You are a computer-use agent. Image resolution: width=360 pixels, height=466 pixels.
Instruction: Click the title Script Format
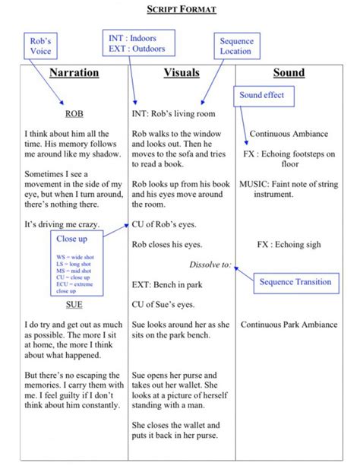(181, 9)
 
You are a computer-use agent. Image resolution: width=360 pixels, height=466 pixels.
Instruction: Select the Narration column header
(74, 73)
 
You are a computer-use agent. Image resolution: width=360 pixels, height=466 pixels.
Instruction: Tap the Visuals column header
(182, 73)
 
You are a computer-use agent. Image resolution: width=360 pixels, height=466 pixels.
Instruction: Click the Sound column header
(289, 73)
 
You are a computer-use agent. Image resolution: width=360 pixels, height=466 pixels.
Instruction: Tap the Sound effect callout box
(261, 96)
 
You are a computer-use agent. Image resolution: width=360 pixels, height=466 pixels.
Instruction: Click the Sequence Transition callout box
(295, 282)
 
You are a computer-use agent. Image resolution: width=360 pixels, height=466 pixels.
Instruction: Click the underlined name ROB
(74, 114)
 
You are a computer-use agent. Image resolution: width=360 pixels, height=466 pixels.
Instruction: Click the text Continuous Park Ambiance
(289, 325)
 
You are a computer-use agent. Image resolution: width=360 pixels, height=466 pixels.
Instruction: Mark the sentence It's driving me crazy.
(61, 225)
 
